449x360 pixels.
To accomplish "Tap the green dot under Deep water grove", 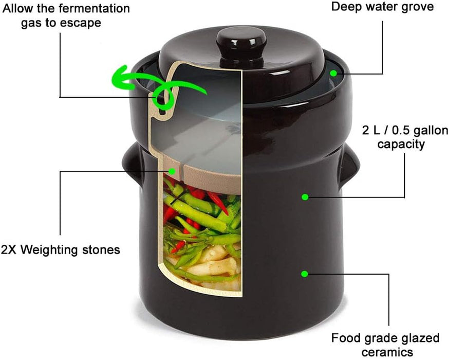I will [x=334, y=74].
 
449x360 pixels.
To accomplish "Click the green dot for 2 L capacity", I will [x=305, y=196].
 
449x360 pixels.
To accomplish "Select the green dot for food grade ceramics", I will [x=304, y=274].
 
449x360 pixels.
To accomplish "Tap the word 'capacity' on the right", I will [x=401, y=144].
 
